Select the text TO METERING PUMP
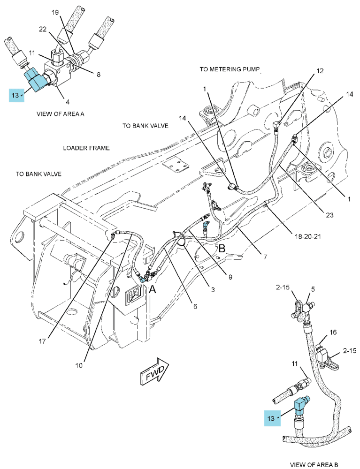click(230, 69)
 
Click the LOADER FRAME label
click(86, 148)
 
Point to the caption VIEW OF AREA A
click(60, 114)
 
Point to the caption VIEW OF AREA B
click(314, 464)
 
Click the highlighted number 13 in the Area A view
click(15, 95)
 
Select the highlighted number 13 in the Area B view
click(271, 418)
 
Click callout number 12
click(320, 71)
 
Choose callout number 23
click(329, 215)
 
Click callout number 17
click(42, 341)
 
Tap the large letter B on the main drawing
click(222, 249)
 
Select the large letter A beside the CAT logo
click(153, 289)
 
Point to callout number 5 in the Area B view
click(313, 289)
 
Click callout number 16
click(333, 332)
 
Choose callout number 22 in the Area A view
click(43, 29)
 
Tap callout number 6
click(195, 306)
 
